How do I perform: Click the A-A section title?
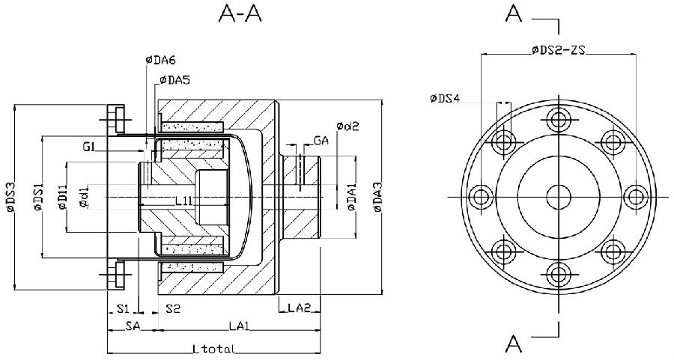tap(240, 15)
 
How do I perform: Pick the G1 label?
tap(89, 147)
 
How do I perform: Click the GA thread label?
tap(321, 140)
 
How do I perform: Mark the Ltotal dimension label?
tap(214, 349)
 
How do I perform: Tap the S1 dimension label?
tap(124, 308)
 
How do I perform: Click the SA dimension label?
tap(133, 326)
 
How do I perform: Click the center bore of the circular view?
tap(557, 197)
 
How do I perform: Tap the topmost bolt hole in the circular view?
tap(557, 119)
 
